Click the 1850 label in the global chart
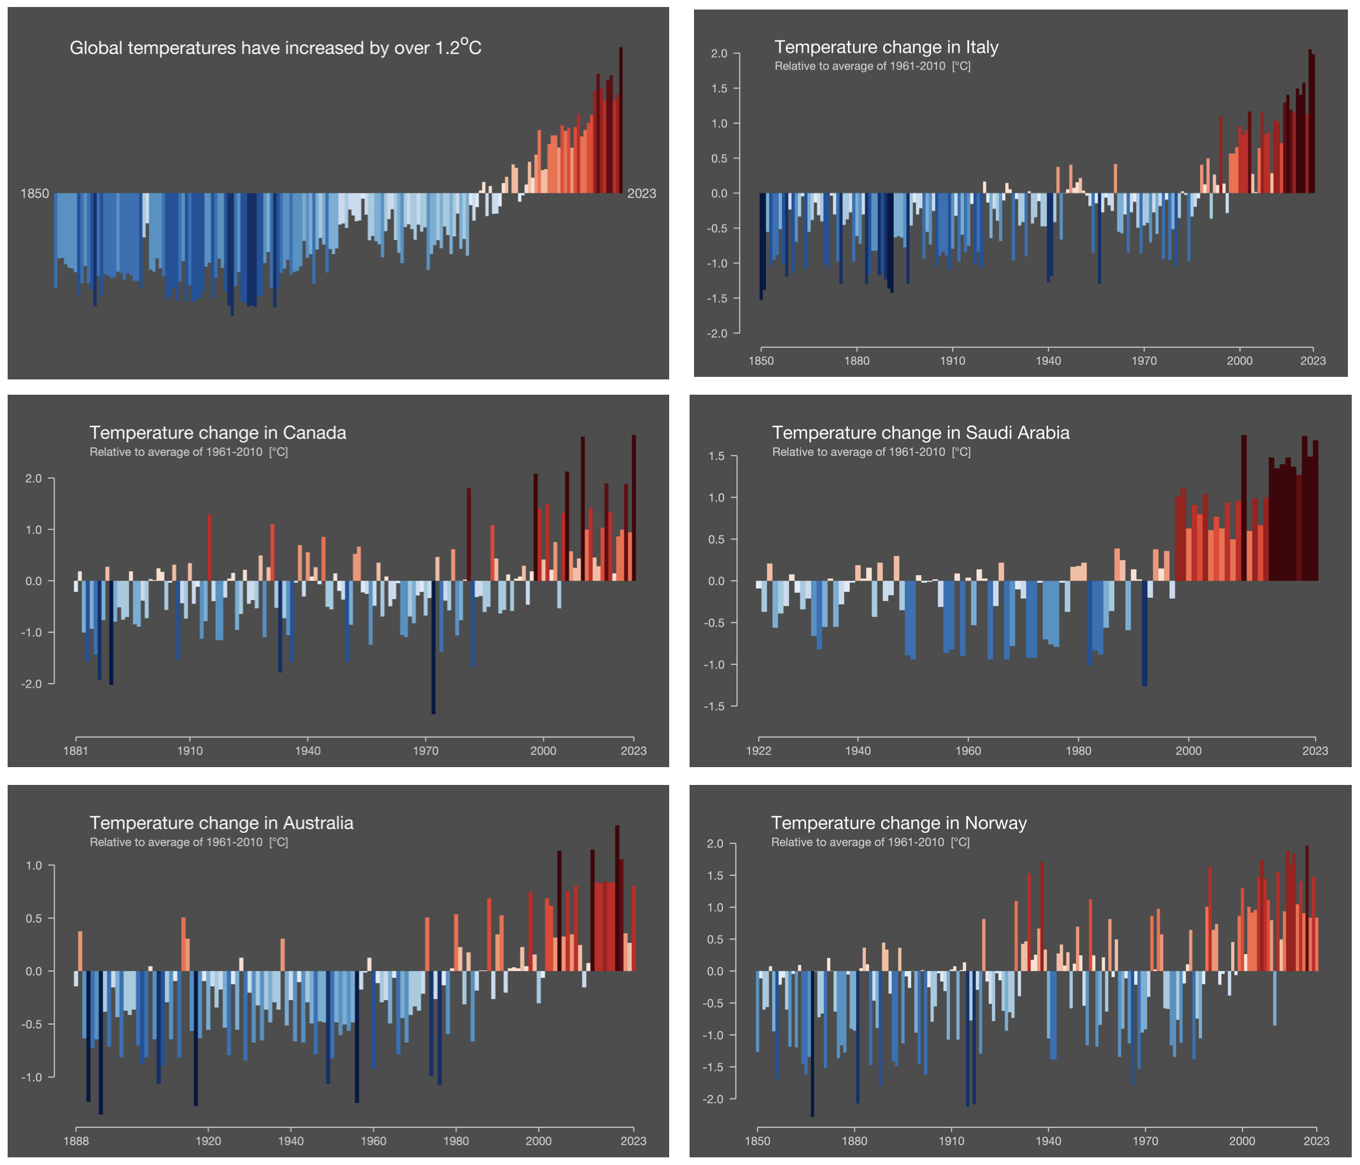click(x=35, y=194)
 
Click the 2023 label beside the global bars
click(x=641, y=194)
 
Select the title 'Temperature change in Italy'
click(x=886, y=47)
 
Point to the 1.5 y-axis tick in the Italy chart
click(x=719, y=88)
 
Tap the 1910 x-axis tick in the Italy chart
click(x=953, y=360)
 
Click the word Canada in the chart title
click(x=315, y=432)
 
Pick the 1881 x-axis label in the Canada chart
click(x=76, y=750)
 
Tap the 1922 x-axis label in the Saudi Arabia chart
click(x=758, y=750)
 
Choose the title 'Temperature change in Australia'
click(x=221, y=823)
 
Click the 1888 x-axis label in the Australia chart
click(x=76, y=1141)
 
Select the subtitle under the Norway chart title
click(x=870, y=842)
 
